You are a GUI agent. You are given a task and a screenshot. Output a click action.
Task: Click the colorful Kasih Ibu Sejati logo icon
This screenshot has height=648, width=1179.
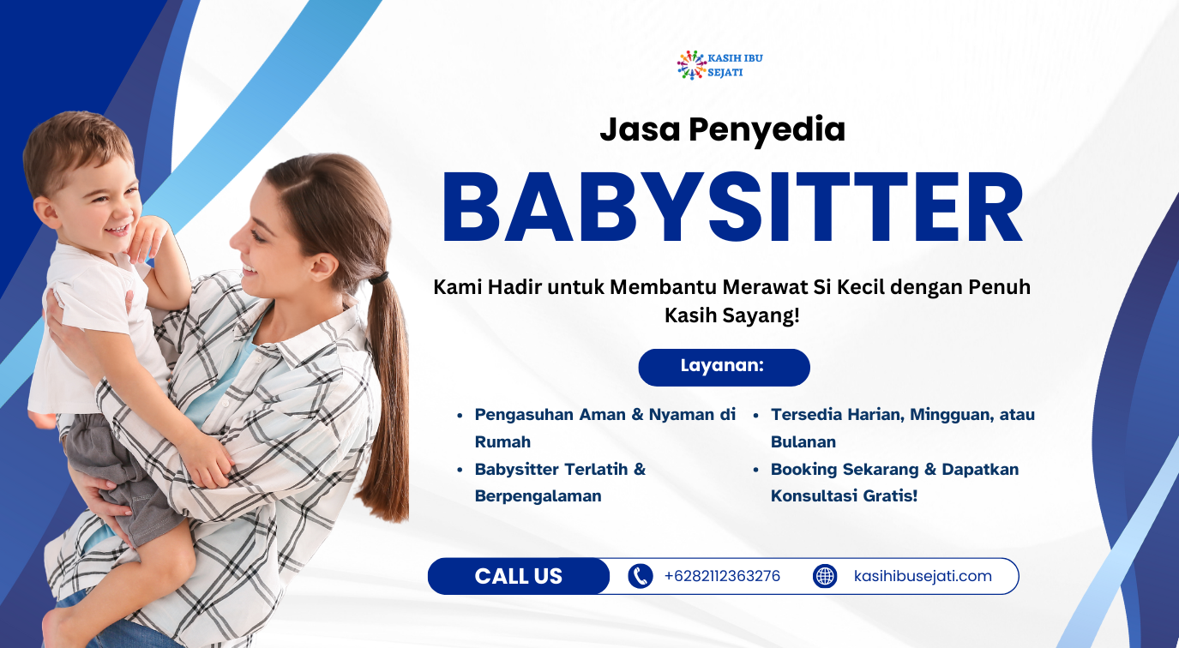[x=692, y=65]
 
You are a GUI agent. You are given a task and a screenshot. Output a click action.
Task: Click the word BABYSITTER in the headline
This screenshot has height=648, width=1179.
[x=732, y=207]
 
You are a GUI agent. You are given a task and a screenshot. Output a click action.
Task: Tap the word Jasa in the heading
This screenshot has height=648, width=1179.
[x=640, y=129]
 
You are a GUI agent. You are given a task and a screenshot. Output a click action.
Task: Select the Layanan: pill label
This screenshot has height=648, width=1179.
[x=724, y=367]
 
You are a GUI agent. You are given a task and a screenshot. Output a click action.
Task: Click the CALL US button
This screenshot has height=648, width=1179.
[x=519, y=576]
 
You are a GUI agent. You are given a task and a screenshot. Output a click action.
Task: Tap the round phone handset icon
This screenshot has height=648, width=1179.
[x=640, y=576]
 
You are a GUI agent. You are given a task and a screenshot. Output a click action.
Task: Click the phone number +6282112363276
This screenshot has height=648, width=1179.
[x=722, y=576]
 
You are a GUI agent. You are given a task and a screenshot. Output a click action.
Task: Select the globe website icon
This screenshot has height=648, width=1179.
[x=825, y=576]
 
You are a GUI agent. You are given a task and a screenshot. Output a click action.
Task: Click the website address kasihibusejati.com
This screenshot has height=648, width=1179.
[x=923, y=576]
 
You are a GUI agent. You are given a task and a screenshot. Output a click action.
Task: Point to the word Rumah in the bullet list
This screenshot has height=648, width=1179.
[x=502, y=441]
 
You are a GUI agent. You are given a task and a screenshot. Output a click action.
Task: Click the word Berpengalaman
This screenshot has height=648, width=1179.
[x=538, y=496]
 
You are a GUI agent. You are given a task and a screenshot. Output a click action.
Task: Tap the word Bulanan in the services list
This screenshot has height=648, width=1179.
[x=803, y=441]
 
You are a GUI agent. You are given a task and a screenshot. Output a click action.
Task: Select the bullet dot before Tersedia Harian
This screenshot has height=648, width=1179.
[x=755, y=416]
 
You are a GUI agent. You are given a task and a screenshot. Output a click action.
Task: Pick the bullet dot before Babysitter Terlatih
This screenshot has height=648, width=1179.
[x=460, y=470]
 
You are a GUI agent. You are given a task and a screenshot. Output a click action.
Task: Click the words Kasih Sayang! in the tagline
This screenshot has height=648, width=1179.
[x=732, y=315]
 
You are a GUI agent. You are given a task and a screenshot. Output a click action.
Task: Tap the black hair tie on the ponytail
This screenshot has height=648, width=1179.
[x=379, y=278]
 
